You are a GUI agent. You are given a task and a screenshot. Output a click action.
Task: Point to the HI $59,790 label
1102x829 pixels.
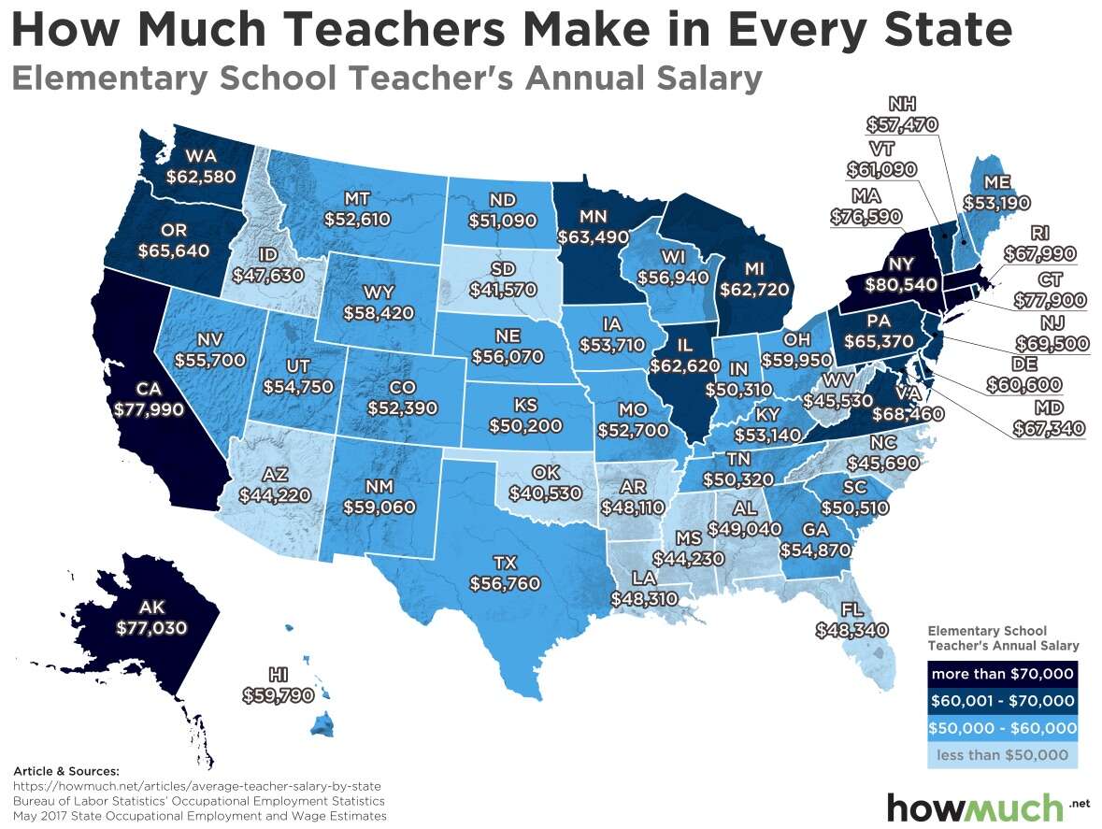click(x=278, y=685)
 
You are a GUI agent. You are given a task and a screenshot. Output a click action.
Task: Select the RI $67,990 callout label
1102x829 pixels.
click(x=1039, y=244)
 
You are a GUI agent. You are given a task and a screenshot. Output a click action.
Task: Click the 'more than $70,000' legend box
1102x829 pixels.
click(x=1001, y=674)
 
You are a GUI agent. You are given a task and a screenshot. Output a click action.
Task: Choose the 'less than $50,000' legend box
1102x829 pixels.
click(x=1001, y=754)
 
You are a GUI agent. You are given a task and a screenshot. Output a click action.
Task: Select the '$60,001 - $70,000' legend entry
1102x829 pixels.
click(x=1001, y=701)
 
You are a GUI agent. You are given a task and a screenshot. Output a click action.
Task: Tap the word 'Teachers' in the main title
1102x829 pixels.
click(x=384, y=30)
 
